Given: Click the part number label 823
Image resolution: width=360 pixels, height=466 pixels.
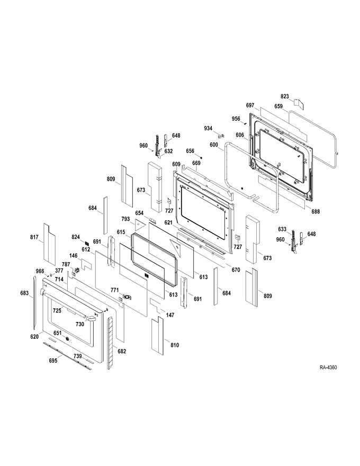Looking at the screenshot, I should tap(285, 96).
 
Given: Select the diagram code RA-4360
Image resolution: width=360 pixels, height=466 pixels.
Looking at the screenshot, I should tap(328, 368).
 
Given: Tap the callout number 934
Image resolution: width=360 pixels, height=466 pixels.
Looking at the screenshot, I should tap(209, 128).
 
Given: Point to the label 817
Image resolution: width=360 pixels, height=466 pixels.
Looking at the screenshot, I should tap(34, 237).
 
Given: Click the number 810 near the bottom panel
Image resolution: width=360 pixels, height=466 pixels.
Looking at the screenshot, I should tap(174, 345).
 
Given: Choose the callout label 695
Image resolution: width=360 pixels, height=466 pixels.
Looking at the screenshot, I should tap(53, 360).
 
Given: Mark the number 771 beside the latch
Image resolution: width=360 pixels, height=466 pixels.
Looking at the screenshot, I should tap(114, 290).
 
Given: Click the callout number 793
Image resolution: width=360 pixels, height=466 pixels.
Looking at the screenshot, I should tap(125, 218).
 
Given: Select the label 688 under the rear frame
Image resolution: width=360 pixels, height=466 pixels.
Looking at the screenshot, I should tap(316, 212).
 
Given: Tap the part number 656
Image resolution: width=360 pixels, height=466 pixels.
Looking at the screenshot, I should tap(190, 150).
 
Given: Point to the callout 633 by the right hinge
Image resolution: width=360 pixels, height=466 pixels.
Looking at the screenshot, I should tap(282, 229).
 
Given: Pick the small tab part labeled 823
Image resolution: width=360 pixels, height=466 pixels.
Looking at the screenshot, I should tap(298, 101).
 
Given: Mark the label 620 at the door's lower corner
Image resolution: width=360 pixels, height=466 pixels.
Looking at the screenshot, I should tap(34, 337).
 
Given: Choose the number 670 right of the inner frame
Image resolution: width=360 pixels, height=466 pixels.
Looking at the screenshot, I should tap(236, 270).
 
